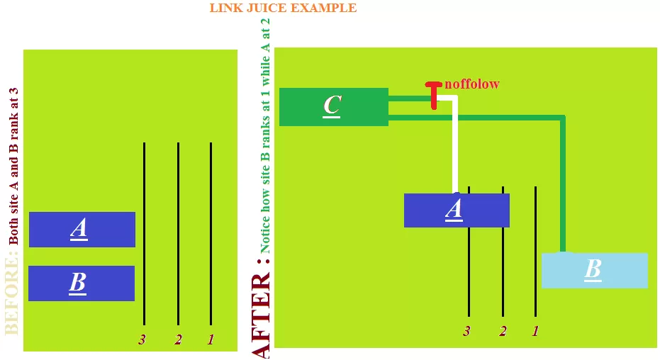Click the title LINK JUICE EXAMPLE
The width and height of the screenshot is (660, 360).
tap(283, 8)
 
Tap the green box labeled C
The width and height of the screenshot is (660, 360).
tap(334, 107)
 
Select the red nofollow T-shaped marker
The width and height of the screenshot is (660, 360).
tap(434, 95)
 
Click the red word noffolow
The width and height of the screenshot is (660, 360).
tap(472, 84)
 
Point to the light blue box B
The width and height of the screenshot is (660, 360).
tap(594, 270)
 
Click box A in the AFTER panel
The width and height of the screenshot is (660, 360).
tap(457, 210)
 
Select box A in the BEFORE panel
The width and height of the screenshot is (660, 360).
tap(82, 229)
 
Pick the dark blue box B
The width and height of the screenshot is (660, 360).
tap(82, 283)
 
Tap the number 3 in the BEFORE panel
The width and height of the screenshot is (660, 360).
tap(142, 339)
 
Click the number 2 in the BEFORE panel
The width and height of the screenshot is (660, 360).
tap(178, 339)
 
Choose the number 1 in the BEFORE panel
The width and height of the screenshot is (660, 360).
tap(211, 339)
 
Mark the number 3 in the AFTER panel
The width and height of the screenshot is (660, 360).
tap(466, 331)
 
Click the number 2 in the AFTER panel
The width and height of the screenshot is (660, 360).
tap(503, 331)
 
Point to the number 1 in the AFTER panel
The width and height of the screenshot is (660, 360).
tap(535, 331)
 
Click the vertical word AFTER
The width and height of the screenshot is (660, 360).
tap(261, 315)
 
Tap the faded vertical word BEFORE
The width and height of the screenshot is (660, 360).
tap(12, 296)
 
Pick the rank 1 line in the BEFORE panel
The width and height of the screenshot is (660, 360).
tap(211, 233)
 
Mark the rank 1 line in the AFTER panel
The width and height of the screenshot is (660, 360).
tap(535, 251)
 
